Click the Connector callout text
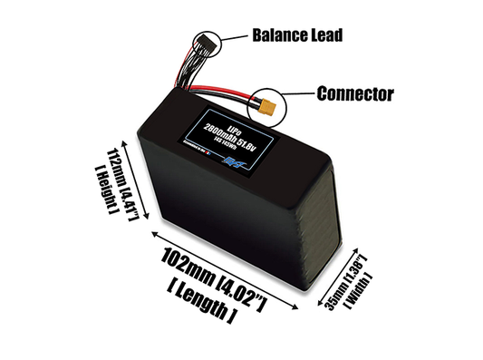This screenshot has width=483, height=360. click(x=356, y=92)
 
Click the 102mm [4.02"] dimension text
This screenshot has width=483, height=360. click(x=209, y=277)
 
